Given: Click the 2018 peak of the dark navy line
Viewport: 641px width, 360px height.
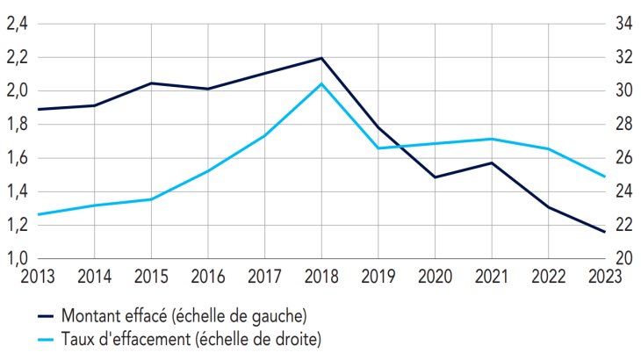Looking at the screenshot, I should click(321, 58).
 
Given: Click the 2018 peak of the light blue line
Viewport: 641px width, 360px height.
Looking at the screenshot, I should click(321, 83).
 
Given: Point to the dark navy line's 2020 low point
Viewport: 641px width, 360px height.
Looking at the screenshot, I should click(435, 177).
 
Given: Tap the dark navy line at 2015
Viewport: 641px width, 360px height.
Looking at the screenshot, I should click(151, 83).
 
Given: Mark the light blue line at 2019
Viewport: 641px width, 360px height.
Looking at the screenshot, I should click(378, 148).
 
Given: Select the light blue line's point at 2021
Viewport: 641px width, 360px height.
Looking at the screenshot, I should click(492, 139).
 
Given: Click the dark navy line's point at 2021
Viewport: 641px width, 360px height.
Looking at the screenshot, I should click(492, 162).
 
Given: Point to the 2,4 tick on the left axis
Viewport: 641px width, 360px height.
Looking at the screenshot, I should click(18, 25).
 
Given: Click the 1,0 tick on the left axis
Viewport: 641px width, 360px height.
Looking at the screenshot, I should click(18, 258).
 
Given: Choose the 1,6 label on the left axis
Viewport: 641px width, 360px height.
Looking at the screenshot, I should click(18, 158).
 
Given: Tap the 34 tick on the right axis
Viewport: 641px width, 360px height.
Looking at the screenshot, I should click(623, 25).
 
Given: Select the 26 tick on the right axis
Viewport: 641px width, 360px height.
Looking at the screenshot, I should click(623, 158).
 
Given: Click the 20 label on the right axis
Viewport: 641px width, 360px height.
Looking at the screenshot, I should click(623, 258).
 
